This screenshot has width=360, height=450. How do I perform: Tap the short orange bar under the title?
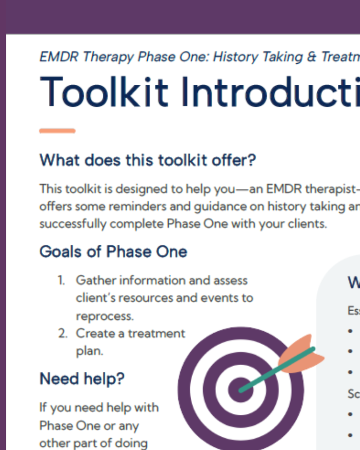pyautogui.click(x=57, y=131)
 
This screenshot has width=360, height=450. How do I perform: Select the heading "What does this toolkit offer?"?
pyautogui.click(x=148, y=160)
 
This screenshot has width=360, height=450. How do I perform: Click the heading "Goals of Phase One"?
pyautogui.click(x=113, y=252)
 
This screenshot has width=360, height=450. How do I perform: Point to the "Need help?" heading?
pyautogui.click(x=82, y=378)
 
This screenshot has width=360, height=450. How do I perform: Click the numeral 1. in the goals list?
pyautogui.click(x=61, y=280)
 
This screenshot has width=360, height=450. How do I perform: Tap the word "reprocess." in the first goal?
pyautogui.click(x=105, y=316)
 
